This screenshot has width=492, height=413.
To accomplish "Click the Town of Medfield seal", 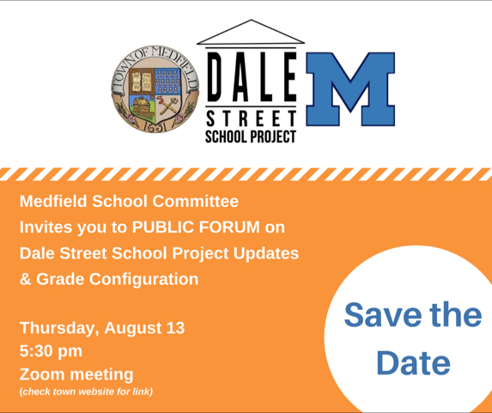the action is (x=155, y=88).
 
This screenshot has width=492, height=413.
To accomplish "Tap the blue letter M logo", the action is (x=350, y=89).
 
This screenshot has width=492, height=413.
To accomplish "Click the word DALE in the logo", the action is (x=251, y=76).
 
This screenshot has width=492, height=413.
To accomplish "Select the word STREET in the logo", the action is (x=251, y=119).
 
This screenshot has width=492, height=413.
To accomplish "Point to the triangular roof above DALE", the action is (x=251, y=32).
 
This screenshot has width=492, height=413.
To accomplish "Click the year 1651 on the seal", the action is (x=155, y=126).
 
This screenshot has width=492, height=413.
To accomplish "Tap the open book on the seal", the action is (x=141, y=81).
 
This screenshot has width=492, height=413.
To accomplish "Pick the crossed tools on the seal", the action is (x=168, y=106).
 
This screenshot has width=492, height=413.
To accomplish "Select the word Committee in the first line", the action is (x=196, y=201).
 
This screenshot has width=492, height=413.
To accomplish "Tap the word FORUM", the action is (x=229, y=227).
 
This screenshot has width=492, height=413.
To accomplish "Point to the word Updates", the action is (x=266, y=253).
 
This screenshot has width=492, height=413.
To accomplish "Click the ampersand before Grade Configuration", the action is (x=26, y=279).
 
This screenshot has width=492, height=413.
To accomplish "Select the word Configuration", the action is (x=143, y=280).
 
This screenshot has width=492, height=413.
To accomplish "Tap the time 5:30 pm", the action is (x=51, y=351).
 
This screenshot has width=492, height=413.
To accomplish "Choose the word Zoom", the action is (x=42, y=374).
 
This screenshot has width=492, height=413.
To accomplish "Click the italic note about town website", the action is (x=86, y=392).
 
